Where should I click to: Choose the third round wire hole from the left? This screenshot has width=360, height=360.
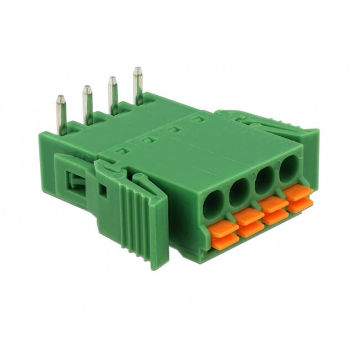264,181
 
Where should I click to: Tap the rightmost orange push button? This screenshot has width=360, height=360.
298,196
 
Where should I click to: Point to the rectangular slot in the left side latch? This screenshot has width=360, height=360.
73,182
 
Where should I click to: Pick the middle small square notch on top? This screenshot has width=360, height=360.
172,130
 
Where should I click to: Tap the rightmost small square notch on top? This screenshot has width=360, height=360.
196,120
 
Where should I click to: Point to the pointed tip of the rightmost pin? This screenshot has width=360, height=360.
137,69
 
